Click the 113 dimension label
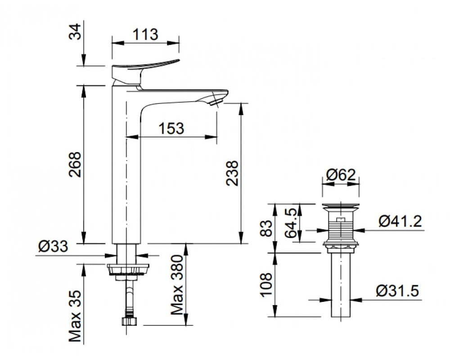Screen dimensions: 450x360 pyautogui.click(x=145, y=34)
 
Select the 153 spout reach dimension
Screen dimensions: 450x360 pyautogui.click(x=171, y=128)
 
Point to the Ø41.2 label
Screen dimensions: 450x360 pyautogui.click(x=400, y=221)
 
